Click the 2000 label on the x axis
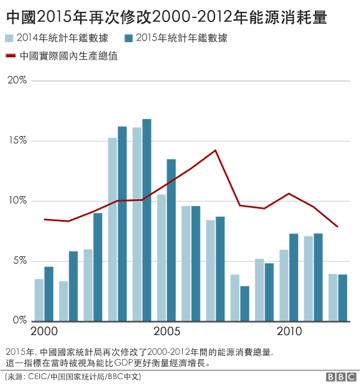44,330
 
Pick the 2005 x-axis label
166,330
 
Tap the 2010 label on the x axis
289,330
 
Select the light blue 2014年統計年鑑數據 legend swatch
10,39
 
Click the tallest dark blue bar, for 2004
147,220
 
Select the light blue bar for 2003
112,229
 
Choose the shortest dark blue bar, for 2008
244,303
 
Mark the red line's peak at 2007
215,150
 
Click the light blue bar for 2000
39,300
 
